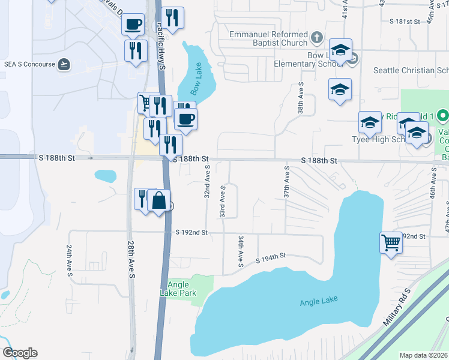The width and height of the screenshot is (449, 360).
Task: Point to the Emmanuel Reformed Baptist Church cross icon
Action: [x=317, y=40]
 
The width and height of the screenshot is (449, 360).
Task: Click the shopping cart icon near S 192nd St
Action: [x=391, y=243]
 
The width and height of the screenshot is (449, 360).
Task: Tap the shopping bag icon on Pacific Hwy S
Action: [x=159, y=201]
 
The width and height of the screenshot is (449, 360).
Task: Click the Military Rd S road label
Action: [x=397, y=307]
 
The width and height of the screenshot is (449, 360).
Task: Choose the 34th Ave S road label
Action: [x=240, y=251]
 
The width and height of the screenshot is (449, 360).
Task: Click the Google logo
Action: [x=20, y=353]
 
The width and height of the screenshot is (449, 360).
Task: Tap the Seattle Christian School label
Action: [x=411, y=70]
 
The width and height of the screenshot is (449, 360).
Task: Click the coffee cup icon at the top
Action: [x=133, y=25]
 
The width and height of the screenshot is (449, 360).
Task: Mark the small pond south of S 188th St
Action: [x=106, y=176]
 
